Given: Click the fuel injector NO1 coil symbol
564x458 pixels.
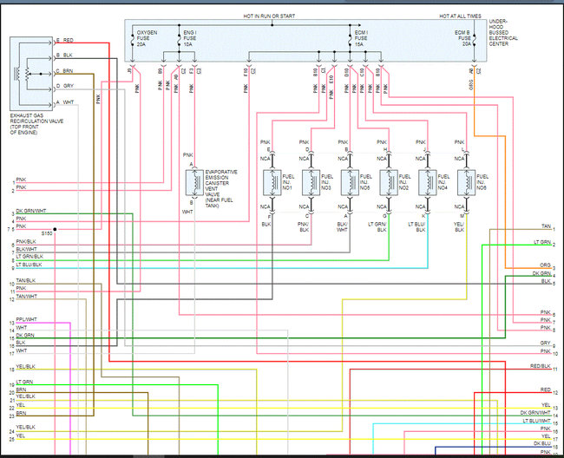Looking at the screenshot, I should (x=269, y=183).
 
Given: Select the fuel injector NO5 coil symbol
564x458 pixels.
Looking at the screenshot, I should (x=349, y=183).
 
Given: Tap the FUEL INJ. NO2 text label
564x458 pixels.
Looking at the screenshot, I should (x=401, y=182).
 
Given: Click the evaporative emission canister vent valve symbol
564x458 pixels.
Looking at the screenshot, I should (x=193, y=182).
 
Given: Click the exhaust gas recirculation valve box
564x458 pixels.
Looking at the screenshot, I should (x=30, y=73).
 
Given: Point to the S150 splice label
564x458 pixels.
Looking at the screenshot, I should (x=47, y=232).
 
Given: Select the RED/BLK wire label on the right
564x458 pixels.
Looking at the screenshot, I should (x=540, y=367).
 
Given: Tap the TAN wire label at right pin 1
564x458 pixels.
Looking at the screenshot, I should (x=545, y=228).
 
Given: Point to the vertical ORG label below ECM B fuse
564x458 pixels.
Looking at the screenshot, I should (x=472, y=86).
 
